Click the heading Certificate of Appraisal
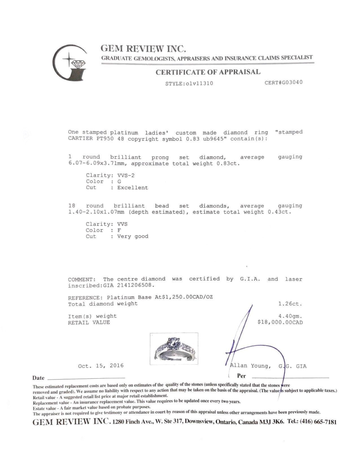(x=208, y=72)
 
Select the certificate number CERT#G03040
(x=283, y=82)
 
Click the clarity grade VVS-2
(x=126, y=175)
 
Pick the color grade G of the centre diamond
(x=119, y=181)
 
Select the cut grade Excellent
(x=132, y=188)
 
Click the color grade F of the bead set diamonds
(x=119, y=230)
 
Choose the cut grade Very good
(x=133, y=236)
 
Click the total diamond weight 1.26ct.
(x=290, y=304)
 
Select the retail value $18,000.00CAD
(x=280, y=322)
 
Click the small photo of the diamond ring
(x=174, y=349)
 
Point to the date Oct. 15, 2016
(x=101, y=366)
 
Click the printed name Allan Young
(x=250, y=366)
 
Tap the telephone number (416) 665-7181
(x=318, y=422)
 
